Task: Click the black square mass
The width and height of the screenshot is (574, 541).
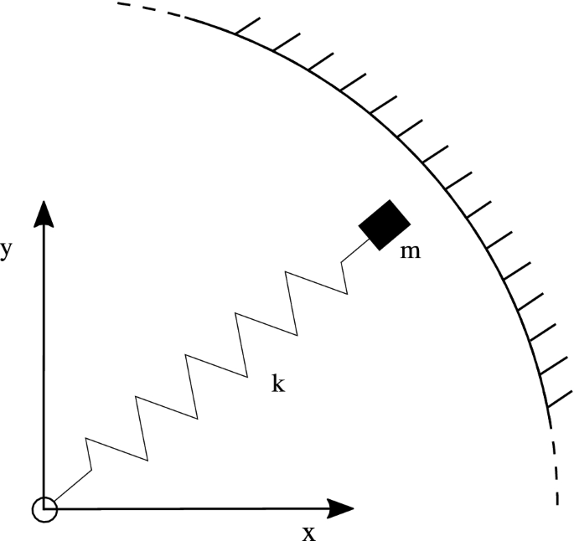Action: [x=385, y=224]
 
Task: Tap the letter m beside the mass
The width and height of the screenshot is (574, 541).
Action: [x=411, y=250]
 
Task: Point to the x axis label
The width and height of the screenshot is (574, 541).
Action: [x=309, y=533]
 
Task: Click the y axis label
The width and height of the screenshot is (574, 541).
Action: [x=6, y=251]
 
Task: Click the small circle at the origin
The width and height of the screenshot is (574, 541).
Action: [x=44, y=508]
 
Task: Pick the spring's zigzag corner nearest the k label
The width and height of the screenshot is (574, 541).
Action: [x=246, y=374]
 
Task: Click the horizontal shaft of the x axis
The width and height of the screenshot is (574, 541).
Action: [x=193, y=508]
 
